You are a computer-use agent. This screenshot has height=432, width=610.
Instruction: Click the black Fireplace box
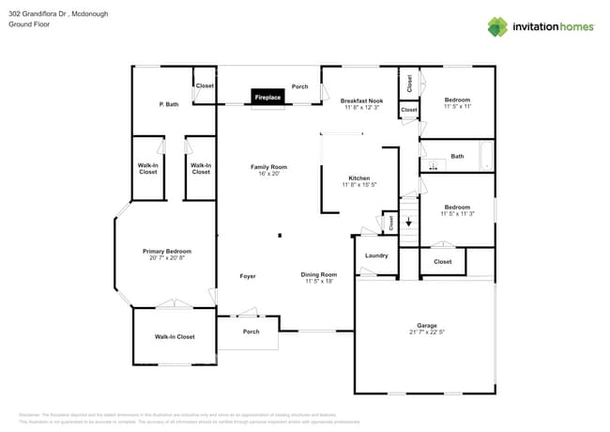pyautogui.click(x=267, y=97)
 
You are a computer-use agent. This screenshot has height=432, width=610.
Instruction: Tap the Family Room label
pyautogui.click(x=268, y=167)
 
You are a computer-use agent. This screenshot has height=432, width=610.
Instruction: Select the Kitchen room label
pyautogui.click(x=359, y=177)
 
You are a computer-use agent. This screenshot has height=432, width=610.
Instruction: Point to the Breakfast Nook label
pyautogui.click(x=361, y=100)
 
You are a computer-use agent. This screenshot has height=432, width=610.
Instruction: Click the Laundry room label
pyautogui.click(x=376, y=255)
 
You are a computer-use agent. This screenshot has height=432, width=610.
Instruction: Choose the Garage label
pyautogui.click(x=426, y=325)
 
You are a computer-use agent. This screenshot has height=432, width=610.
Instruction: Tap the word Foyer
pyautogui.click(x=248, y=276)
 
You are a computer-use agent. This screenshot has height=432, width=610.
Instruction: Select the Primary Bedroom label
pyautogui.click(x=167, y=251)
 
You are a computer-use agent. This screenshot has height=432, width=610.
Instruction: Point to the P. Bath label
pyautogui.click(x=169, y=104)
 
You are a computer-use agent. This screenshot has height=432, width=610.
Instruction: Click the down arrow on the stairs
pyautogui.click(x=408, y=224)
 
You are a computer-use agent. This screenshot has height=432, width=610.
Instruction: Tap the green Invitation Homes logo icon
pyautogui.click(x=497, y=26)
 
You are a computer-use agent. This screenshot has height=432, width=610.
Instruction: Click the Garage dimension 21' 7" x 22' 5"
pyautogui.click(x=426, y=332)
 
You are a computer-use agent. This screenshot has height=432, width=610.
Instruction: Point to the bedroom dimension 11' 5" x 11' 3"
pyautogui.click(x=457, y=214)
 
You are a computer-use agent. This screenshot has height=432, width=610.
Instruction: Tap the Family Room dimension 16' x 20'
pyautogui.click(x=268, y=174)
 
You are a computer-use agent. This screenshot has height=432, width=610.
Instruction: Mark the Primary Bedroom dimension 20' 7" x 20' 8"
pyautogui.click(x=167, y=257)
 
